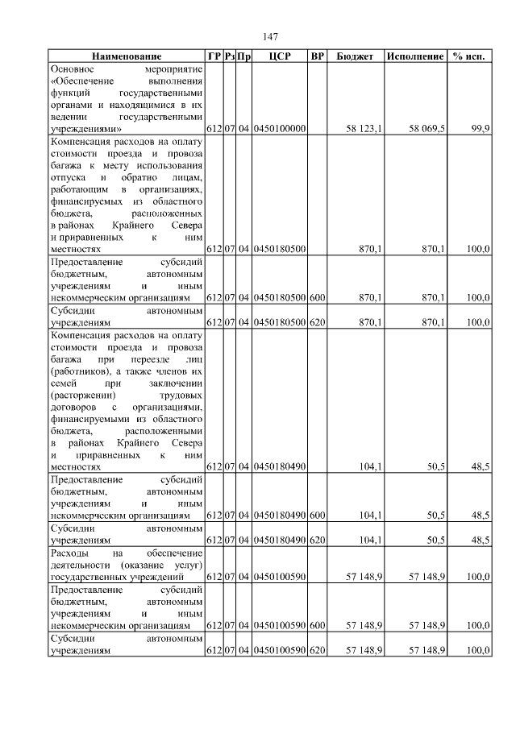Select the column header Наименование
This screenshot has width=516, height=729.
tap(126, 57)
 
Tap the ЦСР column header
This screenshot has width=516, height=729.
tap(279, 57)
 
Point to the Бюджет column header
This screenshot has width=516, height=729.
tap(355, 57)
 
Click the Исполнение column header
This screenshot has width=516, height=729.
tap(415, 57)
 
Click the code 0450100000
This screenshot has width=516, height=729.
tap(279, 129)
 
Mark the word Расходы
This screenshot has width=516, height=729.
tap(69, 553)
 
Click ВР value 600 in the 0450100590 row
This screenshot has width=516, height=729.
tap(317, 624)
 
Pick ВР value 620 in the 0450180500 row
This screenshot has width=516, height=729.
tap(317, 321)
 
